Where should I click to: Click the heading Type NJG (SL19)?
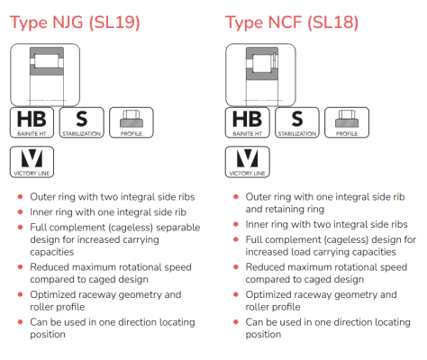tap(75, 22)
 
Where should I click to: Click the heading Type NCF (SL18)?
tap(292, 22)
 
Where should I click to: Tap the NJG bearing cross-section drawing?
tap(45, 75)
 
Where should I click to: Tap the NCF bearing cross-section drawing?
tap(260, 75)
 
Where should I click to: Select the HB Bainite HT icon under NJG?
tap(32, 122)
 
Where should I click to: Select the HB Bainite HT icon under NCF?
tap(248, 122)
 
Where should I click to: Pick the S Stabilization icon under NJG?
tap(82, 122)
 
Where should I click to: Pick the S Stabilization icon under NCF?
tap(297, 122)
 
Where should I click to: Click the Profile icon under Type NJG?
tap(132, 122)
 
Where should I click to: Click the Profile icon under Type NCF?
tap(347, 122)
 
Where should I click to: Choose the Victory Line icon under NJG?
tap(32, 162)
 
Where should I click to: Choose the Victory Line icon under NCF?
tap(248, 162)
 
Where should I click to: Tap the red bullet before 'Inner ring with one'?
tap(21, 211)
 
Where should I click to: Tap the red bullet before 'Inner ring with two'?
tap(236, 224)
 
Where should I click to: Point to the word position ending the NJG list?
tap(48, 335)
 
